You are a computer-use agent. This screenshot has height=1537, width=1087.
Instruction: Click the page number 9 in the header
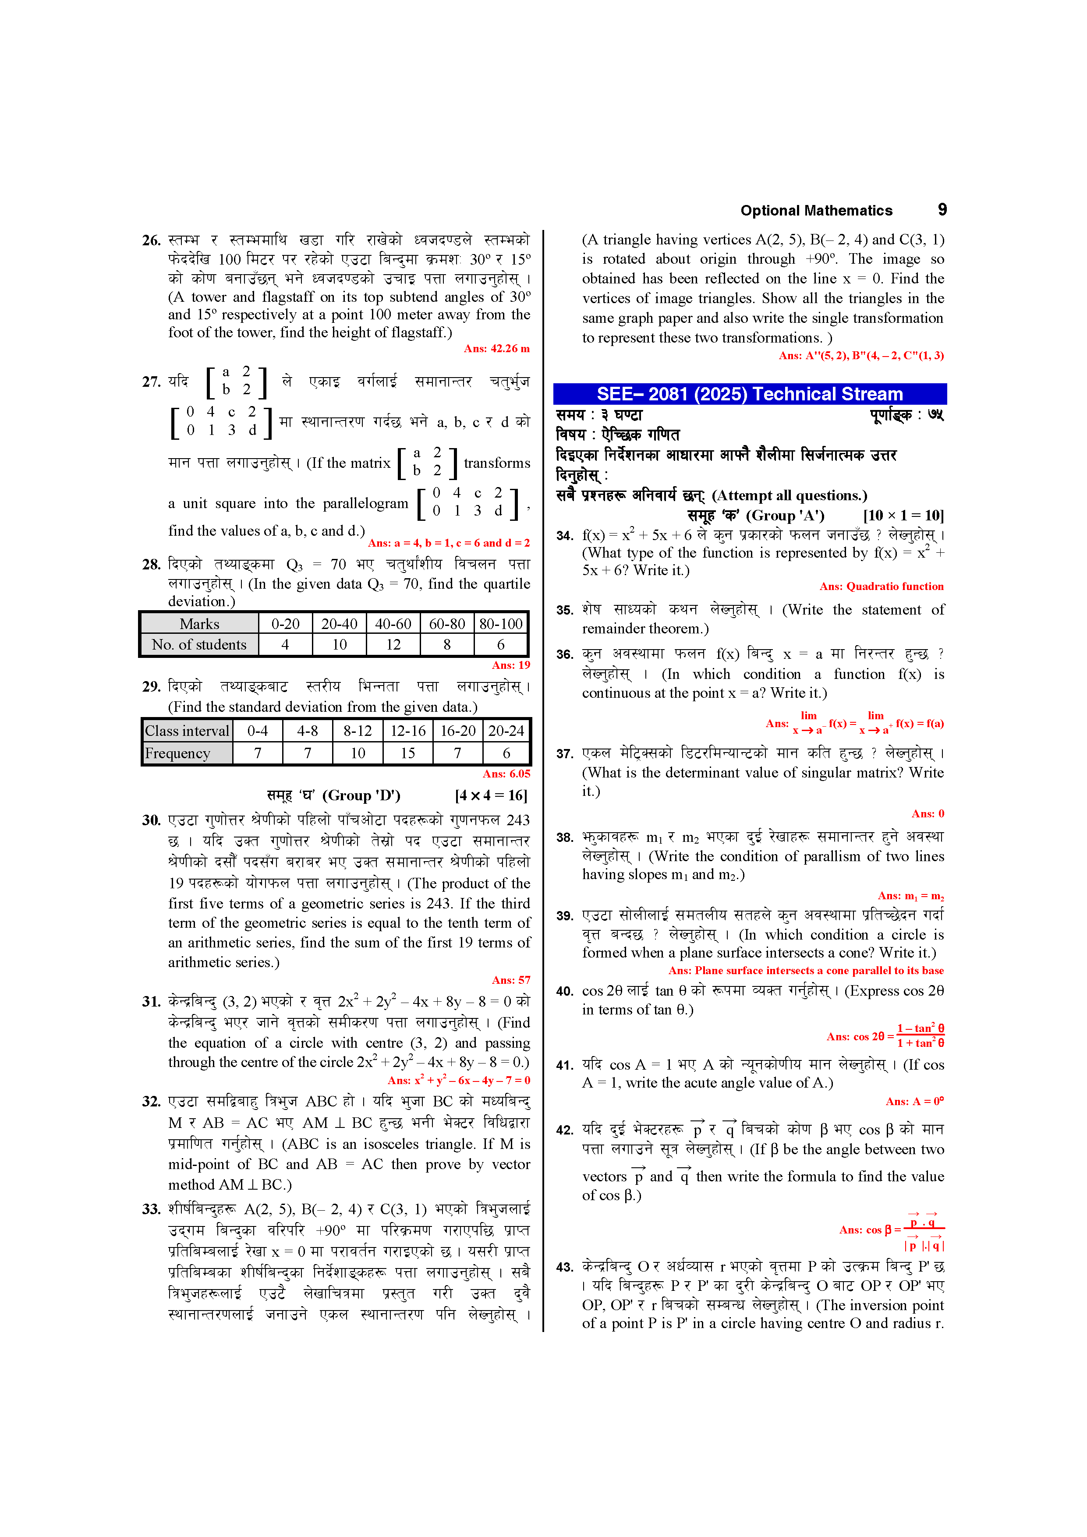point(942,209)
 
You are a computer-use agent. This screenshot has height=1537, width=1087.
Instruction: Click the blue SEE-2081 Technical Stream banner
point(750,394)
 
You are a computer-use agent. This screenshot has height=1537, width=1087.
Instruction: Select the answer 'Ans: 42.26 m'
point(496,349)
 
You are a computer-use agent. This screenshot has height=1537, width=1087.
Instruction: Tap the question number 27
point(151,382)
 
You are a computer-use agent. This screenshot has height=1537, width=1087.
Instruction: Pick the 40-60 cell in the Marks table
point(393,624)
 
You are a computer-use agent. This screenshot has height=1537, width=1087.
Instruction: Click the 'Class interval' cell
point(187,731)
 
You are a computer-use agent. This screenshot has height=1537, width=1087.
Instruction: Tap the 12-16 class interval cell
point(408,731)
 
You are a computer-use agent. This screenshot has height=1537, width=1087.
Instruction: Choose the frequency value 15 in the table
point(408,753)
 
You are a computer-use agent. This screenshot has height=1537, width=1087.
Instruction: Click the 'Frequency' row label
point(177,753)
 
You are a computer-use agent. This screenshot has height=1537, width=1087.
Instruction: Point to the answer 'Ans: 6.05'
point(506,774)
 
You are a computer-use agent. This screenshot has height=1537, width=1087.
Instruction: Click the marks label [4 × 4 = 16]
point(491,795)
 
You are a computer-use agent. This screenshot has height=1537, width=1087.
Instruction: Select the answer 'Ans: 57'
point(511,980)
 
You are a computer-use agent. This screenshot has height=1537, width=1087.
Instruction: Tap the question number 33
point(151,1209)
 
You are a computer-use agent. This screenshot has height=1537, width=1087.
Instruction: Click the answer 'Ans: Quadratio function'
point(882,587)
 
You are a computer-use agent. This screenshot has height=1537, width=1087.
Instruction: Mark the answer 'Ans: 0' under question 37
point(928,814)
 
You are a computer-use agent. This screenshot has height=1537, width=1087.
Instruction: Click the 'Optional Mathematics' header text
point(816,211)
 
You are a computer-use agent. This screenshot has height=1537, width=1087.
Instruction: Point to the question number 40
point(565,991)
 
